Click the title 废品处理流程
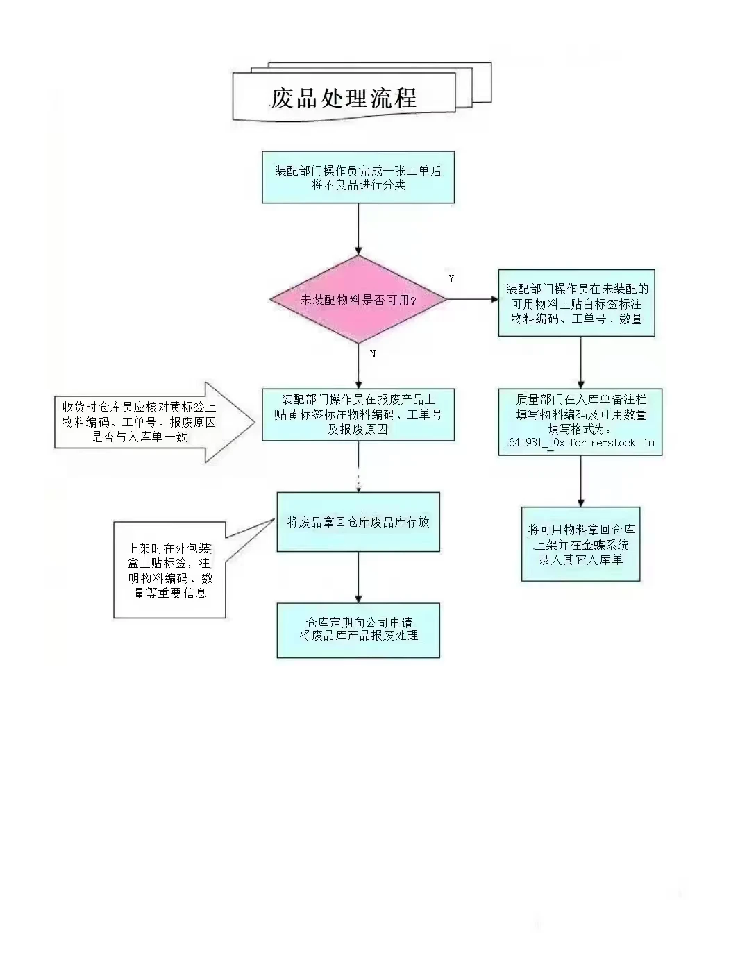tap(344, 98)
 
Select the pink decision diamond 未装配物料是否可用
tap(358, 300)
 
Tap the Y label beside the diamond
tap(451, 279)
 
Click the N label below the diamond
tap(373, 353)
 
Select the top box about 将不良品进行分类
tap(358, 178)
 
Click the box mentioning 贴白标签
tap(576, 303)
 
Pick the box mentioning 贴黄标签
tap(358, 414)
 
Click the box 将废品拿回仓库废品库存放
tap(358, 522)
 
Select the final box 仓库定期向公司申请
tap(358, 630)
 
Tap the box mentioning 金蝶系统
tap(580, 544)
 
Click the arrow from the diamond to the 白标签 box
tap(472, 300)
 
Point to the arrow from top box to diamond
tap(358, 229)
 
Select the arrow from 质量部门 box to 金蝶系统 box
tap(580, 481)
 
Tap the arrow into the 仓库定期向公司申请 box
tap(358, 577)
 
